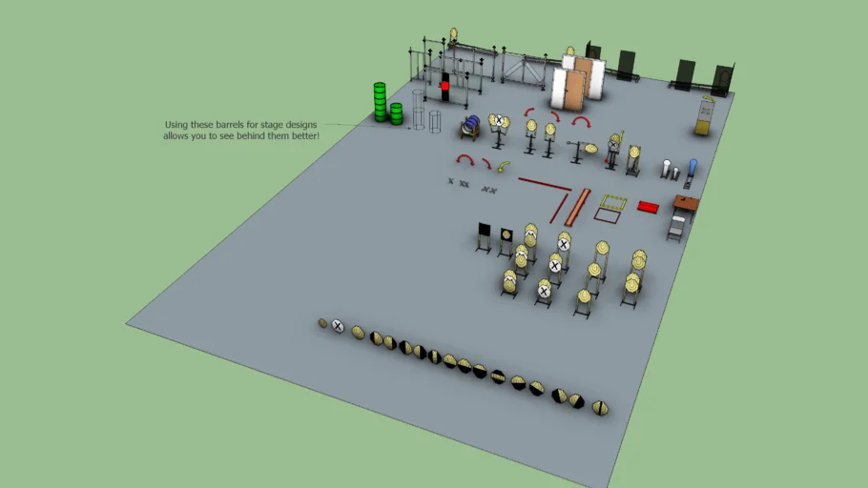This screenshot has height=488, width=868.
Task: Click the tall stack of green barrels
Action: click(x=380, y=102)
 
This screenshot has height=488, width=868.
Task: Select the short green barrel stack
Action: click(x=396, y=113)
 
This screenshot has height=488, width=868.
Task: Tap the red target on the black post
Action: click(x=444, y=87)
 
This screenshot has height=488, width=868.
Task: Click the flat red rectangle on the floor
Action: click(x=649, y=206)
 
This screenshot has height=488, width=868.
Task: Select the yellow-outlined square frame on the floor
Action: click(x=610, y=203)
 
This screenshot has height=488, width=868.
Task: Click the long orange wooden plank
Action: click(x=577, y=206)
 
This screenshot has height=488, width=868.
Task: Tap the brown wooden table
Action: click(x=686, y=203)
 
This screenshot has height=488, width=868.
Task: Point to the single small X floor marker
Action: click(x=451, y=180)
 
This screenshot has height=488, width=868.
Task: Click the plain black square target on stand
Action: click(x=485, y=231)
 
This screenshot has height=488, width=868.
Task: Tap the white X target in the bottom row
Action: click(x=338, y=327)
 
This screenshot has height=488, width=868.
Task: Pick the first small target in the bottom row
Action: click(x=323, y=323)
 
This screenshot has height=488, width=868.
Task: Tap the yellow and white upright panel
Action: click(x=704, y=115)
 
